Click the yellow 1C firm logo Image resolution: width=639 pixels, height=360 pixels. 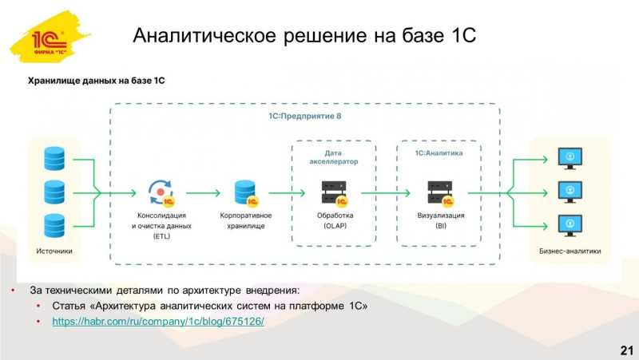click(x=50, y=38)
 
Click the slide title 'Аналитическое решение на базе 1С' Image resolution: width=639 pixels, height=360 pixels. click(x=304, y=35)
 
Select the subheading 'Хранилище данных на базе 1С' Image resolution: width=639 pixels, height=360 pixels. click(x=96, y=81)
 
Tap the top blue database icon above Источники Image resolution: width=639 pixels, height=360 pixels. click(x=54, y=158)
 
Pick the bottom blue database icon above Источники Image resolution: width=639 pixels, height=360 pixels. click(x=54, y=226)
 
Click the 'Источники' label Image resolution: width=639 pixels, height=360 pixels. click(x=54, y=251)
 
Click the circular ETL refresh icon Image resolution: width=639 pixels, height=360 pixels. click(x=161, y=192)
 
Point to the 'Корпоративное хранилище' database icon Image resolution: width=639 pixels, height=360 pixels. click(x=246, y=193)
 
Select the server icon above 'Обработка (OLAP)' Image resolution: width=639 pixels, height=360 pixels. click(x=335, y=193)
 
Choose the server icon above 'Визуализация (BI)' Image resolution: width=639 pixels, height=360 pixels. click(x=441, y=193)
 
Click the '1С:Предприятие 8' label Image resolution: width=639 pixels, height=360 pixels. click(x=305, y=116)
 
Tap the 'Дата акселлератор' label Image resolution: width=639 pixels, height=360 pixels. click(x=333, y=157)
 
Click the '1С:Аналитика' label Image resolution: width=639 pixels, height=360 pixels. click(x=439, y=153)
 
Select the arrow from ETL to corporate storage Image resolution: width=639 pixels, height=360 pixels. click(x=203, y=192)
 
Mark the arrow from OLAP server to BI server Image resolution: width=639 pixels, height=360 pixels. click(x=386, y=192)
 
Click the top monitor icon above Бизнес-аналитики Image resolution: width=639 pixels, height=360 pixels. click(x=570, y=158)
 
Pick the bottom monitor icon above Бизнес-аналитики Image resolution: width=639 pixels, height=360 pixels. click(x=570, y=226)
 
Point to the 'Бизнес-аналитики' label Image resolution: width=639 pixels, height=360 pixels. click(x=570, y=251)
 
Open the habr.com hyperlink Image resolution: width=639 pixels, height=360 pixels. click(x=158, y=322)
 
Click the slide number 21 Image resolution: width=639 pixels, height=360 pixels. click(x=627, y=350)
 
